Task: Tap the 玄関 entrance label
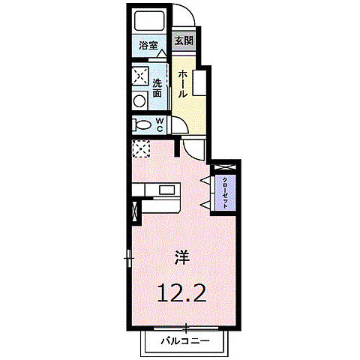point(184,41)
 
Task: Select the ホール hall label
point(183,82)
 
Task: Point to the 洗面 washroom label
point(157,88)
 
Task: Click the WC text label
point(160,124)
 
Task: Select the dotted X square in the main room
point(140,148)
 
